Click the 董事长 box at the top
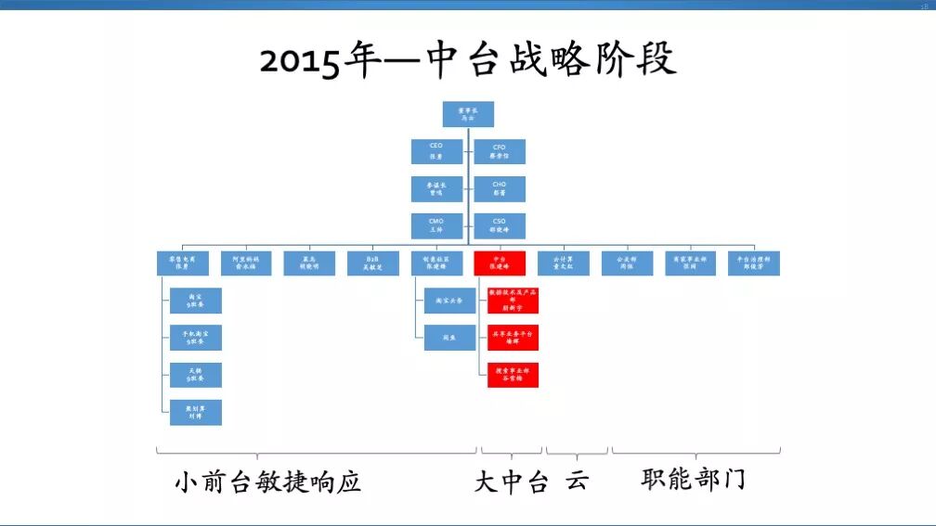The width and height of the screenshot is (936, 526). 468,114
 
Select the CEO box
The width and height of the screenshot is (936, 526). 436,151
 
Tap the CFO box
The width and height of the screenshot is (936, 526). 500,151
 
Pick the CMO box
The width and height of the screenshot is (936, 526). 436,225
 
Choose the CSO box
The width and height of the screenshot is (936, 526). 500,225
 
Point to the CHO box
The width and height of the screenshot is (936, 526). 500,188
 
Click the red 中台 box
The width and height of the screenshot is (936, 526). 500,263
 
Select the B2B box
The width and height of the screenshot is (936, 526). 372,263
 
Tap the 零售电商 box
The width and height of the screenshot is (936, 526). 182,263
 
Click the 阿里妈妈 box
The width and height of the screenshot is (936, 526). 245,263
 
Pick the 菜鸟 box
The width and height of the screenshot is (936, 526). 309,263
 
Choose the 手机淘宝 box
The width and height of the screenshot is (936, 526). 196,338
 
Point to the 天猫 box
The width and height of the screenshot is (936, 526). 196,375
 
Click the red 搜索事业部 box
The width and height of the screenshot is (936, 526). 513,375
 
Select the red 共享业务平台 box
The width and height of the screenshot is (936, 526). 513,337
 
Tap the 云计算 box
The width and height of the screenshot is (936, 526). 564,263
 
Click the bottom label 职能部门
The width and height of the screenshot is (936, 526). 693,480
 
